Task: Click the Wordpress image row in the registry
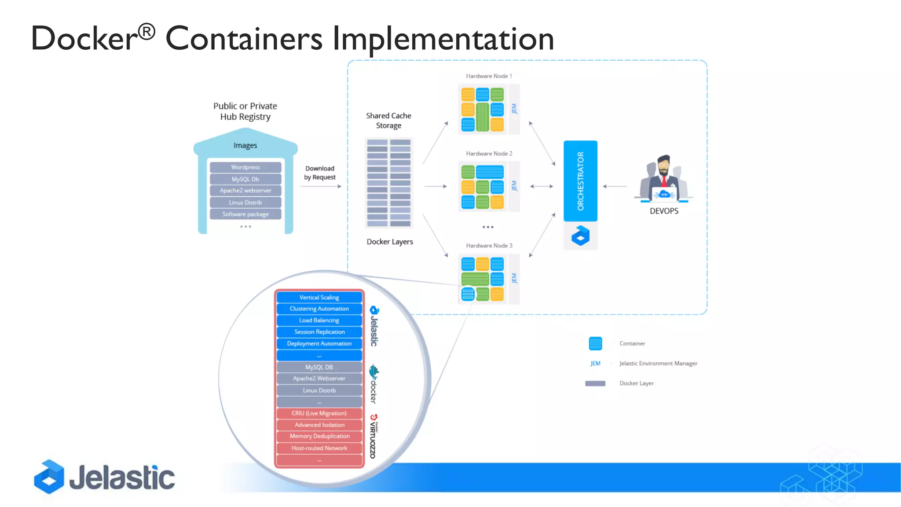245,167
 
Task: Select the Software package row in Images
245,214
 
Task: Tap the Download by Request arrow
321,187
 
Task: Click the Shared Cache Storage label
388,121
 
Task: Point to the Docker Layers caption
390,242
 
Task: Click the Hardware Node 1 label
489,76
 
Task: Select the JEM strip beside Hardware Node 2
514,186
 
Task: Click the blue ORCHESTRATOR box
580,181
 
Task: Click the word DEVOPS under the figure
664,211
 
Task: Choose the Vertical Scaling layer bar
319,298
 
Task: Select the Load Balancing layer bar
319,320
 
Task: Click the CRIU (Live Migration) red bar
319,413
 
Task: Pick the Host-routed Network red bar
319,448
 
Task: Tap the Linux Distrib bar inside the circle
319,390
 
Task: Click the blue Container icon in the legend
595,343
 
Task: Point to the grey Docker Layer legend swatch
595,383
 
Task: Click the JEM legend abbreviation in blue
595,364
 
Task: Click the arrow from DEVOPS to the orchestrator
615,187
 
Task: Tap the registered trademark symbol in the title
147,32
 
